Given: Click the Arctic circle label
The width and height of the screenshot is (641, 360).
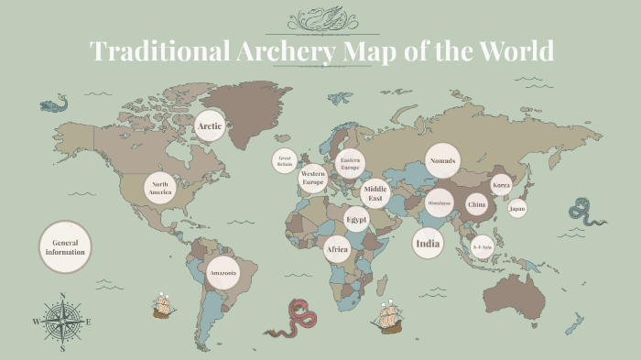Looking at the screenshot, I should pos(210,125).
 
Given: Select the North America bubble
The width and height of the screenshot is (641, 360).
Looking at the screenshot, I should pos(160,187).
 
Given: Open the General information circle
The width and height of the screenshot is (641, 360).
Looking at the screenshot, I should pos(65,246).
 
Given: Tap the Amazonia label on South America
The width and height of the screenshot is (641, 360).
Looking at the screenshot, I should pos(223,273).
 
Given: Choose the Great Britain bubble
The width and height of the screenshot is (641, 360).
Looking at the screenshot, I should pos(285,162).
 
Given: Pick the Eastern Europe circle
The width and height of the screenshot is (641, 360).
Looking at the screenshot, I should pos(349,164).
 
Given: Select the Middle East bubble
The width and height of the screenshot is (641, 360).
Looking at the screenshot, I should pos(375,193).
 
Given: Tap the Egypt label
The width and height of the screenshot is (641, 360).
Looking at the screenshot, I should pos(356,220).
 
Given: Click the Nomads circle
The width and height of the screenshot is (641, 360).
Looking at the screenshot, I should pos(442,159).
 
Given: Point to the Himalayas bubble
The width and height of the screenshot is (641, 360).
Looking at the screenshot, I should pos(439,202).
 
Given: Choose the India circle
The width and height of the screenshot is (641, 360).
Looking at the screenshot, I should pos(428,244).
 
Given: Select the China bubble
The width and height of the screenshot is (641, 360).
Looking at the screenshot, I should pos(476,205).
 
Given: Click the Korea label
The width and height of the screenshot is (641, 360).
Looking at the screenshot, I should pos(501,185).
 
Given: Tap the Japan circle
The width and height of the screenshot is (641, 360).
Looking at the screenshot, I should pos(517,209).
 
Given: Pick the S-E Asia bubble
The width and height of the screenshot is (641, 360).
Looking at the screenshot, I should pos(483,247).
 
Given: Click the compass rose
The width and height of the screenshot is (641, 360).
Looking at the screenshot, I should pos(62,322).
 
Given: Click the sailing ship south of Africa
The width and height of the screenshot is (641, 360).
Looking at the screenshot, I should pos(386,317).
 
